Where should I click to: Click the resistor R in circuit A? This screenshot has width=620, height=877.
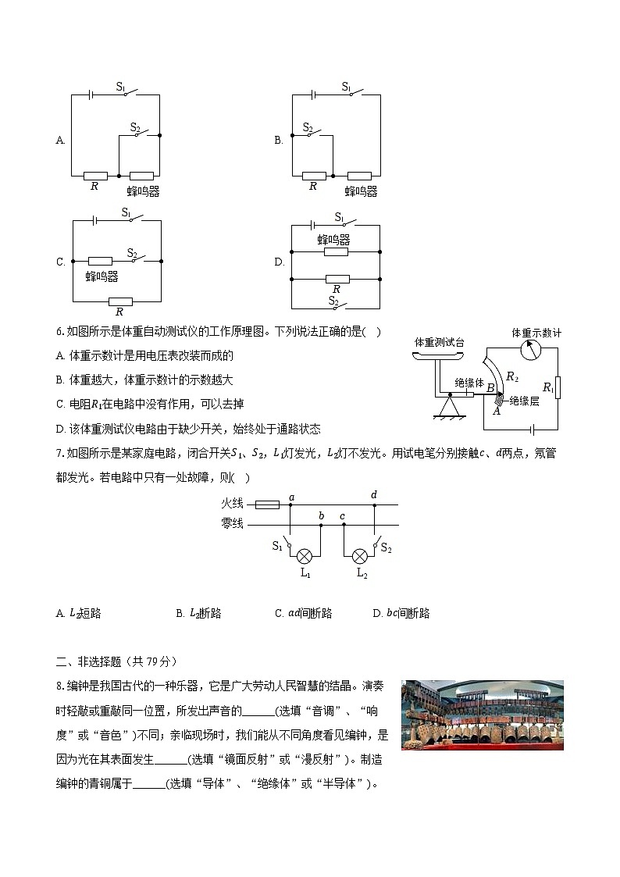tap(95, 176)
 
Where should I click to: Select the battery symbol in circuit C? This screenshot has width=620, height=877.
tap(94, 221)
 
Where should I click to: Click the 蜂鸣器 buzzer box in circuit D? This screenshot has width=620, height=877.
tap(335, 252)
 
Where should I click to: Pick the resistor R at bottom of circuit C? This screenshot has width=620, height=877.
tap(120, 301)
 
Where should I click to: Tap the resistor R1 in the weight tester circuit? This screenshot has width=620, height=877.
tap(558, 387)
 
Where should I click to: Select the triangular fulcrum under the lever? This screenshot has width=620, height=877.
tap(449, 405)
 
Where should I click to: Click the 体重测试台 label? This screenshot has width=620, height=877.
tap(439, 342)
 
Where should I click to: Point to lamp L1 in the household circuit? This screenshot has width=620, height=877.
tap(305, 556)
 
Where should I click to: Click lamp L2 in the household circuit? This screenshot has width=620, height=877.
tap(361, 556)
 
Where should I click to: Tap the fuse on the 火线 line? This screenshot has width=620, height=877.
tap(268, 504)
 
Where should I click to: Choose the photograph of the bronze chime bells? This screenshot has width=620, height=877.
tap(482, 715)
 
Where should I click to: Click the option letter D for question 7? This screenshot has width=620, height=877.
tap(378, 614)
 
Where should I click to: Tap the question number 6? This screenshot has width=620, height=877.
tap(59, 332)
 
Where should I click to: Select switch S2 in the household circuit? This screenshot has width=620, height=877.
tap(379, 543)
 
